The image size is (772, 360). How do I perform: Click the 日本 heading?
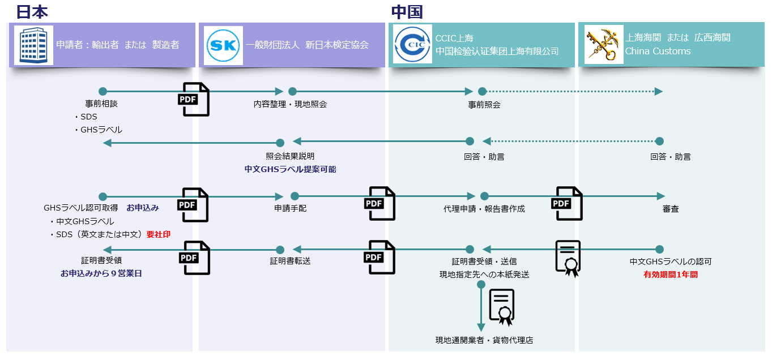coord(32,11)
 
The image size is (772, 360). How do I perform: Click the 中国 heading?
coord(407,12)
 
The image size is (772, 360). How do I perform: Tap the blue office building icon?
coord(33,45)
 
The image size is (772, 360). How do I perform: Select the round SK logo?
coord(223,45)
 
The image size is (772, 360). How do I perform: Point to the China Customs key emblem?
coord(603,45)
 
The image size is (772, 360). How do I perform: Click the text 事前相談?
coord(101,104)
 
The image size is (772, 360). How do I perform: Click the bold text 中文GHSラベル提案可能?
coord(290,169)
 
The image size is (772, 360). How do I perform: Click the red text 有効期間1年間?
coord(671,275)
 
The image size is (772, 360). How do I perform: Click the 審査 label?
coord(671,209)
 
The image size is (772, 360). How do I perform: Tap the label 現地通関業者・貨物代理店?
coord(484,340)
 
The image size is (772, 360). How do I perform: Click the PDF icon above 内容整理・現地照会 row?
coord(194,99)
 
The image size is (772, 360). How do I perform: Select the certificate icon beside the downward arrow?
coord(501,307)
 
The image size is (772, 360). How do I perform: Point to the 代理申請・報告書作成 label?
coord(484,209)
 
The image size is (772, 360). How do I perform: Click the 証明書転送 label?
coord(290,261)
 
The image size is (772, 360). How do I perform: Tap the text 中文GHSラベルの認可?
coord(671,262)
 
